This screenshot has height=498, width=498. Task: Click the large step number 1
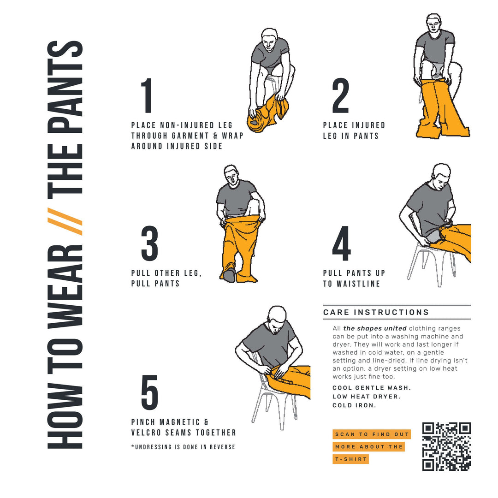(147, 96)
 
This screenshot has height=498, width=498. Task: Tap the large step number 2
(341, 96)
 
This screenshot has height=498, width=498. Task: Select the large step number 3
(149, 243)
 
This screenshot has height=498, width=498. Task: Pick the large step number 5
(149, 392)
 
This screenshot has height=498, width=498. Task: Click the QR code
(446, 446)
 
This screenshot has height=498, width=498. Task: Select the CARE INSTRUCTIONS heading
(376, 312)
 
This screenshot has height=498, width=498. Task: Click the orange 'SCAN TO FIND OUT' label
(372, 434)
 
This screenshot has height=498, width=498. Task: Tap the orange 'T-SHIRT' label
(350, 459)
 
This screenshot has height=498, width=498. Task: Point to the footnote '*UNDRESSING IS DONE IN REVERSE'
(183, 447)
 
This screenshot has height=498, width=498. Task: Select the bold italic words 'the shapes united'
(375, 328)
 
